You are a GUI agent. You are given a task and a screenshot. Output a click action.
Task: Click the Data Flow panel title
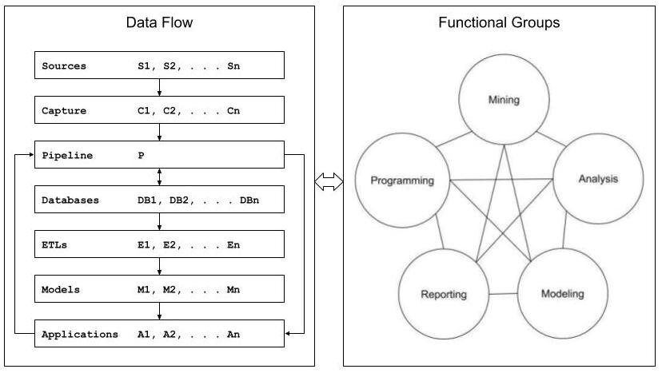point(159,22)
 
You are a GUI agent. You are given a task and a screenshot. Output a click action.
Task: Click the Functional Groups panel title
point(499,22)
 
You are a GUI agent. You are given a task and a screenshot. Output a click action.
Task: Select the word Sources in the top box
point(64,65)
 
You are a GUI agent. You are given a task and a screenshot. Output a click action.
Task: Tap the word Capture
point(64,110)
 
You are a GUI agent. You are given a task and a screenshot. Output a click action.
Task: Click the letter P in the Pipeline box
point(141,155)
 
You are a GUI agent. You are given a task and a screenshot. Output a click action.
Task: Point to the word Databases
point(70,200)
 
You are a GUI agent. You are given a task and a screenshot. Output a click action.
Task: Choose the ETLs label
point(54,244)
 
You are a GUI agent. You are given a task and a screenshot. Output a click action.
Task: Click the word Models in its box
point(61,289)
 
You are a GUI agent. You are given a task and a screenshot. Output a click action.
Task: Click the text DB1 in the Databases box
point(147,200)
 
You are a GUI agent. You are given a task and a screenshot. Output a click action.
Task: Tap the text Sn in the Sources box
point(233,65)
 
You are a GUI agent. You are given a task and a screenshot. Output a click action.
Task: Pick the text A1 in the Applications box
point(144,334)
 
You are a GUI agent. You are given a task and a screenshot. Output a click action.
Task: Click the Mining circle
point(504,101)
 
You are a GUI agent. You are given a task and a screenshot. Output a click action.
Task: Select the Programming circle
point(402,181)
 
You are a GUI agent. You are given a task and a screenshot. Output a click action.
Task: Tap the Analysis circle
point(598,178)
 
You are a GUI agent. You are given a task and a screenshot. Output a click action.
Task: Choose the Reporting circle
point(443,294)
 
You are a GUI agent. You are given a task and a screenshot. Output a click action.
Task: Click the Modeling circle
point(562,293)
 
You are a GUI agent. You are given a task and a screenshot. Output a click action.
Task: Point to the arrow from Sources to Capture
point(159,88)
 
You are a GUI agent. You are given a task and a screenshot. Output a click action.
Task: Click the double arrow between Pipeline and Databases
point(159,177)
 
